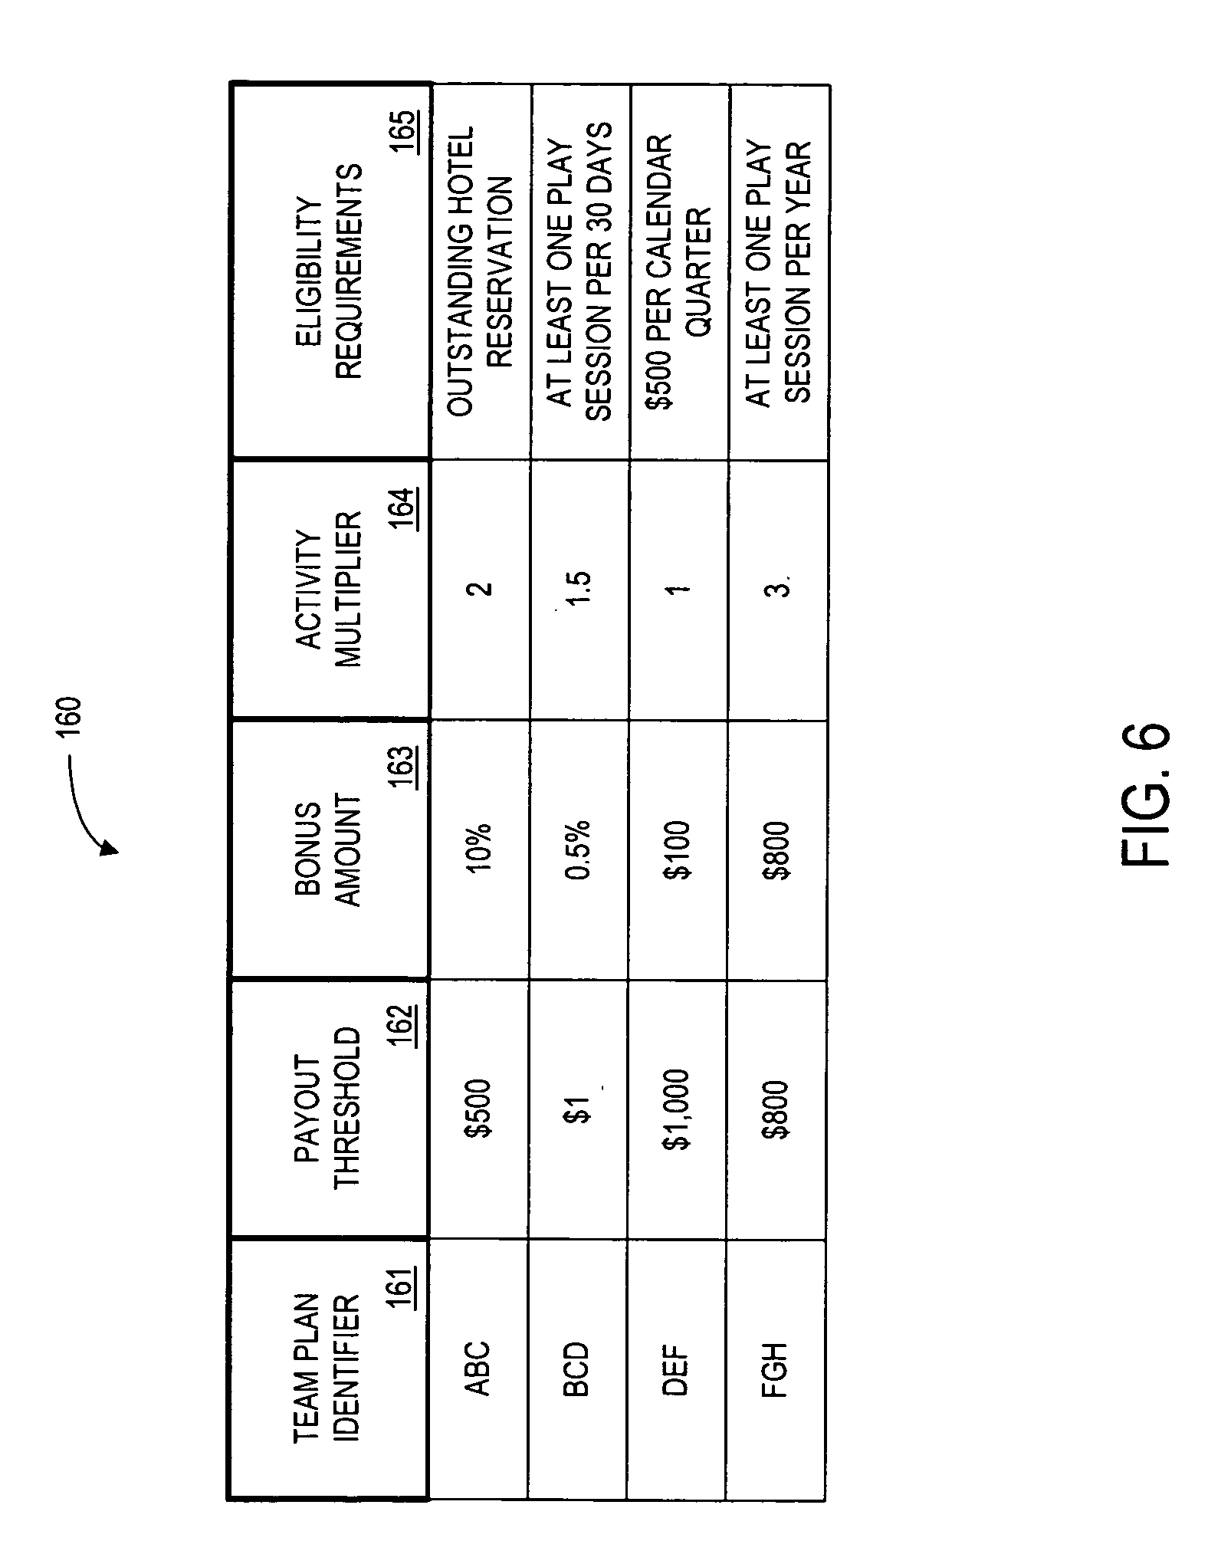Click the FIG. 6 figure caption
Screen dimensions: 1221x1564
1145,795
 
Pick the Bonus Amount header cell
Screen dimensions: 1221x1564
329,849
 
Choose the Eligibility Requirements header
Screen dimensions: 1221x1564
329,271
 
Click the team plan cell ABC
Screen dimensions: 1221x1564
478,1368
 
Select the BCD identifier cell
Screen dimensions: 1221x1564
576,1368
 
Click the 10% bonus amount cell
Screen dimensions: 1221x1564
478,849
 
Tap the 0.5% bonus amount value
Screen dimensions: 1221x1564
578,849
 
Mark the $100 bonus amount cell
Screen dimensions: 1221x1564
677,849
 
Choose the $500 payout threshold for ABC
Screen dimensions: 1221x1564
478,1109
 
